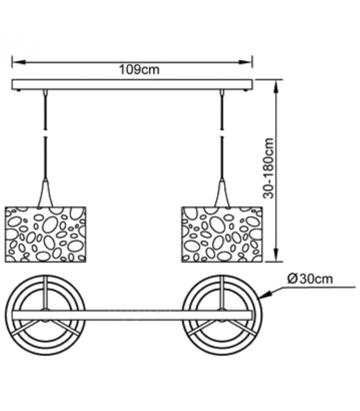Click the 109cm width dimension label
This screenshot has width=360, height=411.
139,70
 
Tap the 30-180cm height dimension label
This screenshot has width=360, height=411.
269,169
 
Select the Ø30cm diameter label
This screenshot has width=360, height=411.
310,279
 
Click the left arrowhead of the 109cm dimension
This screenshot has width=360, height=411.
19,62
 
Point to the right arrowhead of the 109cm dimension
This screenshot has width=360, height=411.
245,62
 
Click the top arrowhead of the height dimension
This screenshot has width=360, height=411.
276,86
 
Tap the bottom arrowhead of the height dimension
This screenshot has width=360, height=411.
276,254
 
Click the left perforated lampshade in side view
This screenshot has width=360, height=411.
45,234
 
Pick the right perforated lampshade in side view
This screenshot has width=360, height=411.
222,234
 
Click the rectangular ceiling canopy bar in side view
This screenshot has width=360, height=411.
132,85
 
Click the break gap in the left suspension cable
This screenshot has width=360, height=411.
46,133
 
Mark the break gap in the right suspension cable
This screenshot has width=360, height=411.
222,133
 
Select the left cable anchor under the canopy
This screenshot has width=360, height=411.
46,92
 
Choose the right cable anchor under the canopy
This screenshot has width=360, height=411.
222,92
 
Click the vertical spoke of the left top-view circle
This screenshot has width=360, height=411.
46,292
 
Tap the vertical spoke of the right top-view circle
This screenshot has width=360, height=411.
222,292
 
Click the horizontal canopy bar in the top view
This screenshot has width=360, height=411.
132,315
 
